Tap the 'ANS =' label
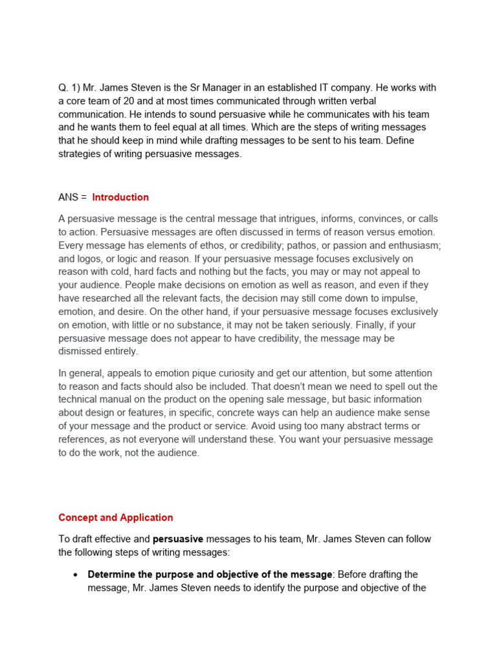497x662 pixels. pyautogui.click(x=72, y=197)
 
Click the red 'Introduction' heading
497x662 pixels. pyautogui.click(x=120, y=197)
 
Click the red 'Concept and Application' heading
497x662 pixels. pyautogui.click(x=116, y=517)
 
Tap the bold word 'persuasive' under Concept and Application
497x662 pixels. pyautogui.click(x=178, y=539)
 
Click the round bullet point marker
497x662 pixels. pyautogui.click(x=76, y=575)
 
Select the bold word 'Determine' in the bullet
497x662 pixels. pyautogui.click(x=110, y=575)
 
